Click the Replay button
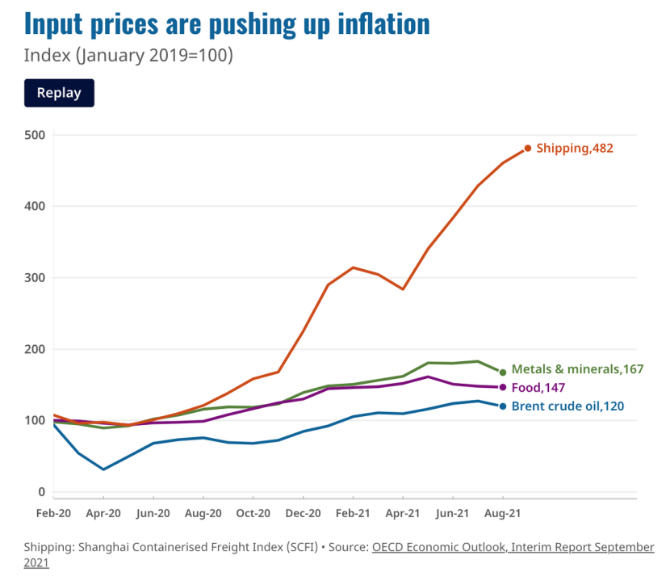point(59,93)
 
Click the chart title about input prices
point(227,24)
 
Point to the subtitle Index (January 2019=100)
point(128,56)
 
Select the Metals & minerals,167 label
point(577,369)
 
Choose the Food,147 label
point(538,388)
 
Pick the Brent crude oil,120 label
point(567,406)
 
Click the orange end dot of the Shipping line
point(528,148)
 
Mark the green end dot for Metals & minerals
point(503,372)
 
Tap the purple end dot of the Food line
point(503,387)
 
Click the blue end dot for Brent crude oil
point(503,406)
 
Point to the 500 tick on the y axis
point(34,135)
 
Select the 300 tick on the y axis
point(34,278)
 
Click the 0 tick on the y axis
point(40,492)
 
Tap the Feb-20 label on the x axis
point(53,513)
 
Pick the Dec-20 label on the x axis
point(303,513)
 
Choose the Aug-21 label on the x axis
point(502,513)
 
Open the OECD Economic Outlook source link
point(513,547)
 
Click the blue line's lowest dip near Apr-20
point(103,469)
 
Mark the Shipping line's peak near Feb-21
point(353,267)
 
